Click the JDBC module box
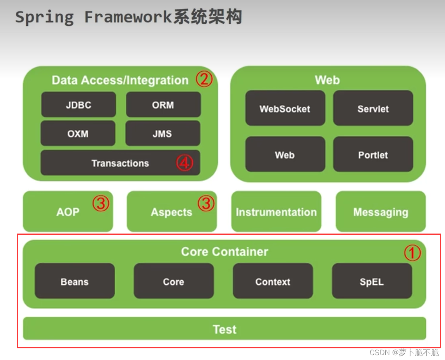pyautogui.click(x=78, y=105)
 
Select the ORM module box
pyautogui.click(x=163, y=105)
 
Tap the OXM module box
pyautogui.click(x=78, y=133)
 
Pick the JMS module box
pyautogui.click(x=162, y=133)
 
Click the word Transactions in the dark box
pyautogui.click(x=120, y=163)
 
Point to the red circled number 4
pyautogui.click(x=184, y=163)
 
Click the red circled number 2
pyautogui.click(x=204, y=79)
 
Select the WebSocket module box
pyautogui.click(x=285, y=108)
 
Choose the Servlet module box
pyautogui.click(x=373, y=108)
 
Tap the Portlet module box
pyautogui.click(x=373, y=155)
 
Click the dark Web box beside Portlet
pyautogui.click(x=285, y=155)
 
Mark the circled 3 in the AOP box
pyautogui.click(x=100, y=203)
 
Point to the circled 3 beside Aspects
pyautogui.click(x=206, y=203)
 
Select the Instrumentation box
pyautogui.click(x=276, y=212)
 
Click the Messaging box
pyautogui.click(x=381, y=212)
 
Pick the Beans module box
pyautogui.click(x=75, y=281)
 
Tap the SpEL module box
pyautogui.click(x=372, y=281)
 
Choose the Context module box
pyautogui.click(x=272, y=281)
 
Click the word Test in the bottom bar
pyautogui.click(x=225, y=329)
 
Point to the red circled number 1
pyautogui.click(x=412, y=253)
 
